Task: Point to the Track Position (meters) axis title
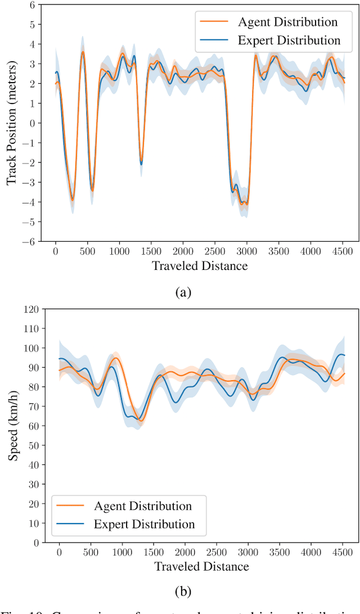[x=11, y=123]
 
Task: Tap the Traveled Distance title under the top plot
[x=200, y=266]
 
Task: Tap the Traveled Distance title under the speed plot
[x=201, y=566]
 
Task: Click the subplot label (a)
[x=183, y=292]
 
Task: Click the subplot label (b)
[x=183, y=591]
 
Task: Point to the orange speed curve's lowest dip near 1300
[x=141, y=421]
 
